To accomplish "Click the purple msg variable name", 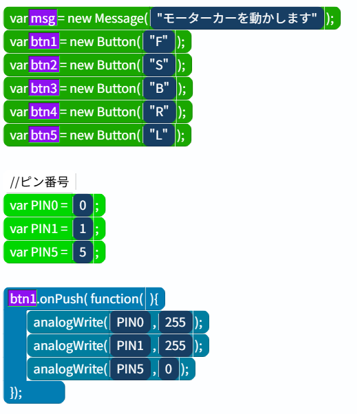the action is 43,18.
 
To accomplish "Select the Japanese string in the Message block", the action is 237,18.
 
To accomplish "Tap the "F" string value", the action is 158,41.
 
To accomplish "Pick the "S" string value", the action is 159,65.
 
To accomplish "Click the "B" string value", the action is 159,88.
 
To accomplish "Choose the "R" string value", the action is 159,111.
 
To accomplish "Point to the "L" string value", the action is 158,135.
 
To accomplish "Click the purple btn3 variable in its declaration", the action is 44,88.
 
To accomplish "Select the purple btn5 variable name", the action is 44,135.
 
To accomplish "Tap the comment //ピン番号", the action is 39,182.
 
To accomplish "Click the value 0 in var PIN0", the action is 83,205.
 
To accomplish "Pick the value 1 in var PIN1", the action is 83,228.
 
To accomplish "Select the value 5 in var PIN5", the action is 83,252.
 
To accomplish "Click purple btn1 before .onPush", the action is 22,298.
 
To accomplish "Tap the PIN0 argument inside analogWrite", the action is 130,322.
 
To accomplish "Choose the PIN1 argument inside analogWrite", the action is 130,345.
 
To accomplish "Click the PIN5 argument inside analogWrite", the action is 130,369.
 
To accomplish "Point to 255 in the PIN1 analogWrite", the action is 176,345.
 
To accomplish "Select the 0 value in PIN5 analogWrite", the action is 169,369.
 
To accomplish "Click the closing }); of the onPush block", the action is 16,393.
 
